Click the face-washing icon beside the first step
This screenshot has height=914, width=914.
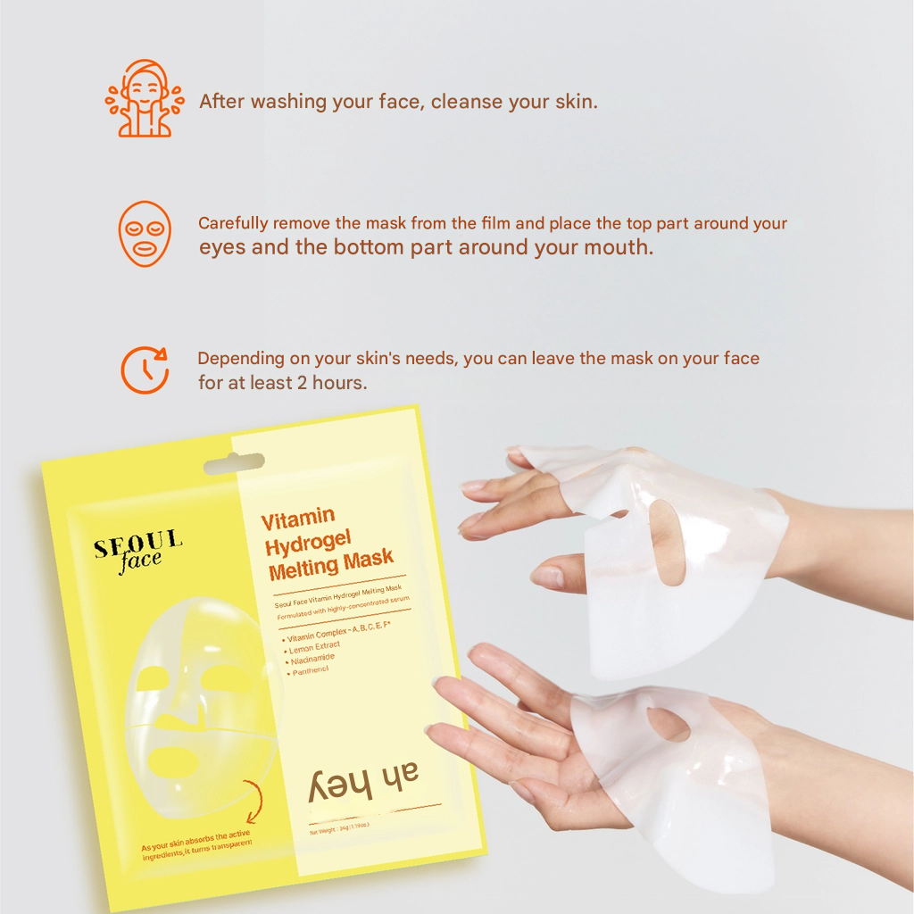[x=145, y=99]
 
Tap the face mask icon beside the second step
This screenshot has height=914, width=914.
[x=145, y=233]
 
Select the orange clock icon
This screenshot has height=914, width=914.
[x=145, y=369]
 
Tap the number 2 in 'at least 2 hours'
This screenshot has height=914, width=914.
[x=303, y=382]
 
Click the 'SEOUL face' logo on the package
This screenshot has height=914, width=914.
[x=137, y=551]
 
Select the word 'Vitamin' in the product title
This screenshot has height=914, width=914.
[x=298, y=519]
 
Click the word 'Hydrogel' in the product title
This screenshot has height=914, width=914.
[x=309, y=542]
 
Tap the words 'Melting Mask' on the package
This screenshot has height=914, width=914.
[x=331, y=564]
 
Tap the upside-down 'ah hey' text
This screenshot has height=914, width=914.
[x=364, y=782]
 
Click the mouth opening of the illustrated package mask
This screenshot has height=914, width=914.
[x=172, y=761]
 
